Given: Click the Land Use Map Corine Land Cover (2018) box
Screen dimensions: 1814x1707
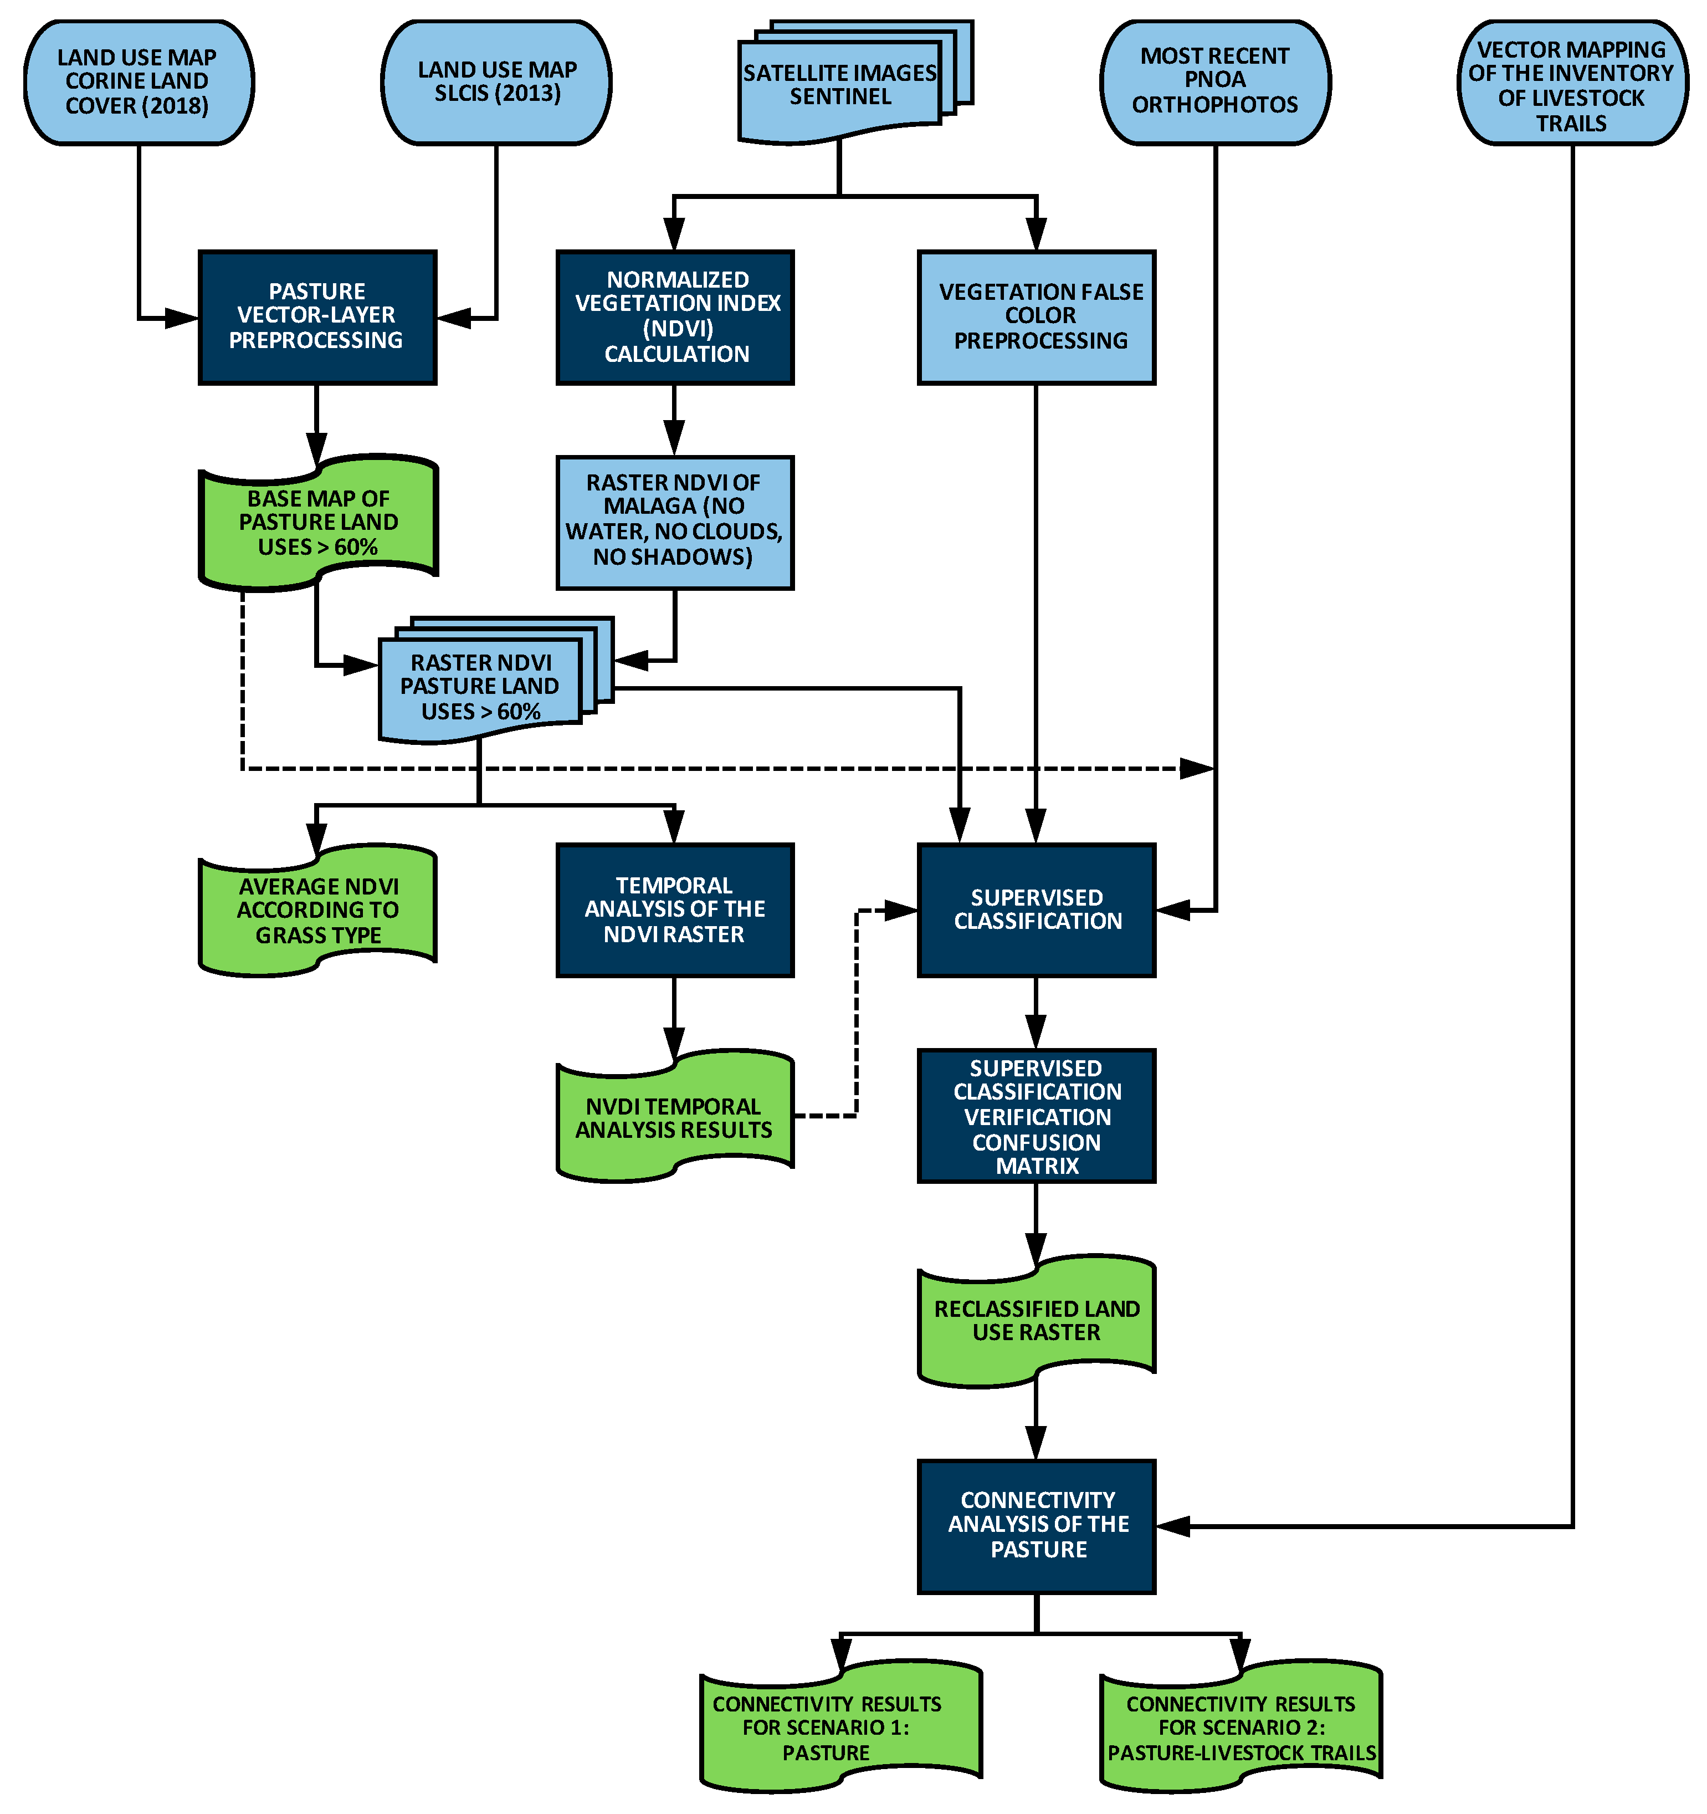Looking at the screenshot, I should point(138,82).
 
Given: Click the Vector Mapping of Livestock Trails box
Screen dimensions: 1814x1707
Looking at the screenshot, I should point(1571,84).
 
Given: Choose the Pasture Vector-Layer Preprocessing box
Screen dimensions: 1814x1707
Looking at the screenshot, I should point(316,316).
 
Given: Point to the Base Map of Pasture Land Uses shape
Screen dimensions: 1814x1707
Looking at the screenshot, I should point(317,523).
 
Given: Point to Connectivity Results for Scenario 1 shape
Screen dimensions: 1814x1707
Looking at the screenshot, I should point(839,1728).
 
